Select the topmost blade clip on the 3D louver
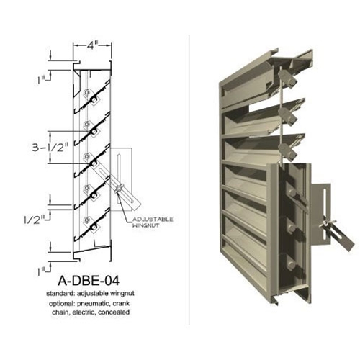point(288,74)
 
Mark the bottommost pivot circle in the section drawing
point(87,220)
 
